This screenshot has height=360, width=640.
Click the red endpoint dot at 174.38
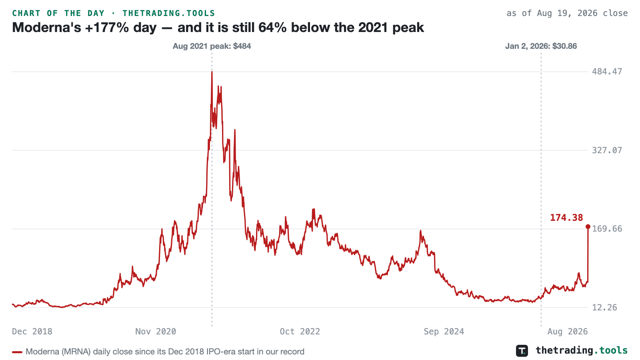588,226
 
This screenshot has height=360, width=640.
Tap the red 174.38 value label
566,218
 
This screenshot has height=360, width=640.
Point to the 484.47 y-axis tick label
607,72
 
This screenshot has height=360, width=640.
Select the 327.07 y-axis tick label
607,150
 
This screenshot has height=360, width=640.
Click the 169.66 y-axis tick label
607,229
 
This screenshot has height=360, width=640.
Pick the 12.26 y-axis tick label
604,308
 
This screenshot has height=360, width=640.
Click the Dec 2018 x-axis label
32,332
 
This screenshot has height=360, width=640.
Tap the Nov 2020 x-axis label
156,332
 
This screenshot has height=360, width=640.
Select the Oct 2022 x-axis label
300,332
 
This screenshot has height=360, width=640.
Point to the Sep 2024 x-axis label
444,332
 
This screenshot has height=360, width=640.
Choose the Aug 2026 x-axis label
568,332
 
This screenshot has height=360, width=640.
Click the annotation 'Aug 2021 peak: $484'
212,46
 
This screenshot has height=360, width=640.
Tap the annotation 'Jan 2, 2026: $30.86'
541,46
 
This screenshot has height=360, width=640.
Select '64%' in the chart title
272,28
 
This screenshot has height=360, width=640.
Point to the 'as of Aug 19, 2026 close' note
567,13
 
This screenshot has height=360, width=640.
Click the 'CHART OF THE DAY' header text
58,13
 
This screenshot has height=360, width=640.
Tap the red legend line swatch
17,352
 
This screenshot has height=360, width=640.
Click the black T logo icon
522,350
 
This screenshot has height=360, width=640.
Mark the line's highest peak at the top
212,72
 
